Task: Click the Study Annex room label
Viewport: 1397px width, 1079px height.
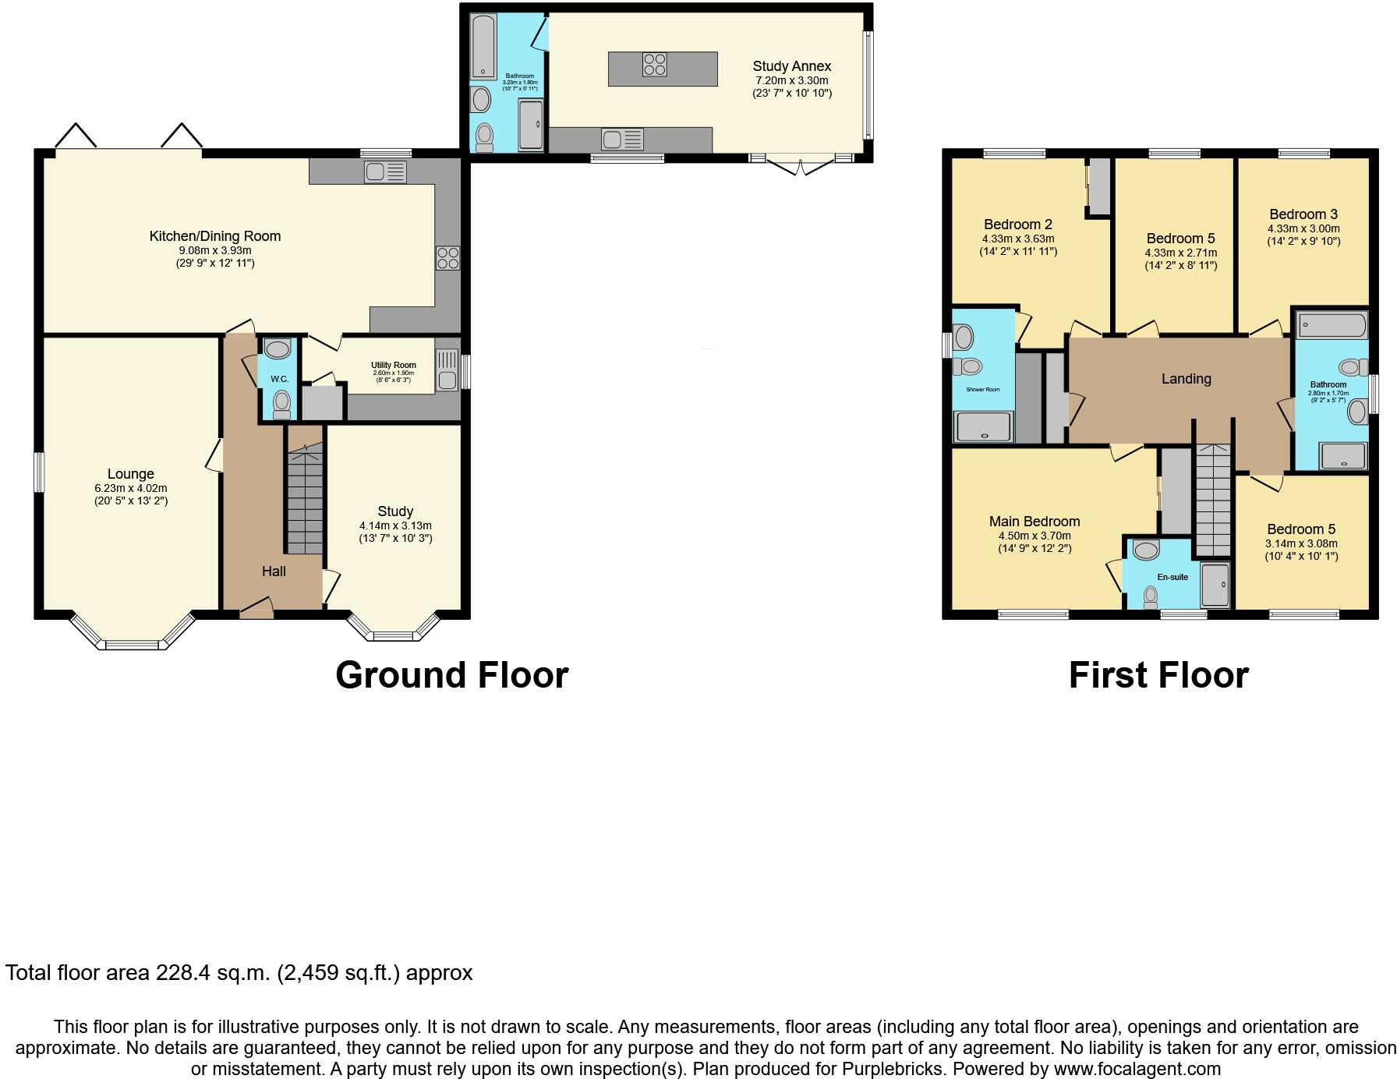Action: click(x=791, y=66)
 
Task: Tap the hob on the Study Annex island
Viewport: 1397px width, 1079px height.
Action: click(x=655, y=65)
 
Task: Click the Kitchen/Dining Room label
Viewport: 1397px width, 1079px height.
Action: click(x=215, y=236)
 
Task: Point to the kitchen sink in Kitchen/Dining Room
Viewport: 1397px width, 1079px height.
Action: click(x=385, y=172)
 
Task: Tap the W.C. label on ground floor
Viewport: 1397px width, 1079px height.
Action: click(x=279, y=379)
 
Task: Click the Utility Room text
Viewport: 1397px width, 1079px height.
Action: click(x=393, y=365)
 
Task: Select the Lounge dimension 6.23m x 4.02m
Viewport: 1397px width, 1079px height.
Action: click(x=131, y=488)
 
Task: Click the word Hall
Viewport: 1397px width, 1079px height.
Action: click(x=274, y=571)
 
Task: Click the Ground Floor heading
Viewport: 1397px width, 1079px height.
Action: click(x=451, y=675)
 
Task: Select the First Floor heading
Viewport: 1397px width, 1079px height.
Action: click(x=1158, y=675)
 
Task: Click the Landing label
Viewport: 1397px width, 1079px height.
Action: click(x=1186, y=379)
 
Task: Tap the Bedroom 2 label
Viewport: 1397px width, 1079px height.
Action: click(x=1017, y=225)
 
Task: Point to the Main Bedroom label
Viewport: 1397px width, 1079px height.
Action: click(x=1034, y=522)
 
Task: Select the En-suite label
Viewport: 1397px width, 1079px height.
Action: click(x=1172, y=577)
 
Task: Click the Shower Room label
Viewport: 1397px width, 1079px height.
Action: click(x=982, y=389)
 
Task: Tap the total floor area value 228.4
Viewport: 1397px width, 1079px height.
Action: click(x=185, y=973)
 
